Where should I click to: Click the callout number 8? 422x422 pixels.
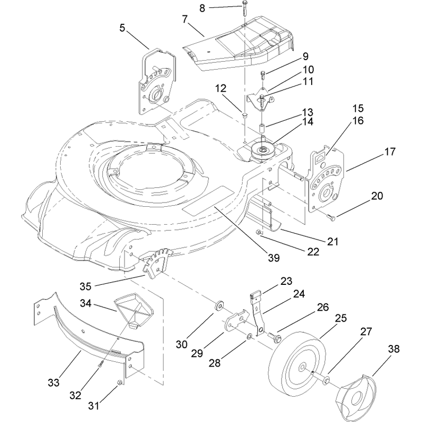point(202,8)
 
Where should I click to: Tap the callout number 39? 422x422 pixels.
point(274,258)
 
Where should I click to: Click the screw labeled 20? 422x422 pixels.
point(331,217)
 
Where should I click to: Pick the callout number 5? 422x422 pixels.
point(122,28)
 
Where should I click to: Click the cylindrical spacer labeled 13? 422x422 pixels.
point(262,128)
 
